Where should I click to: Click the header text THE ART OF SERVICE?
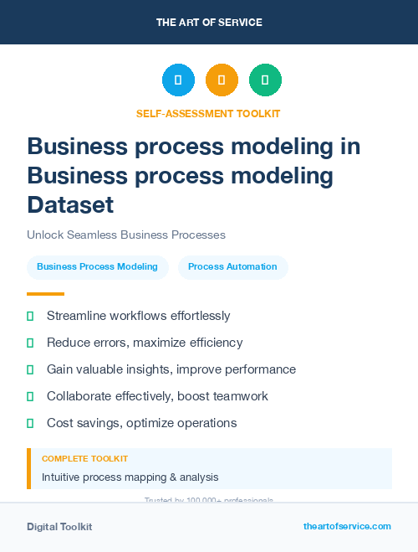(209, 23)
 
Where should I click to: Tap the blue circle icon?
(178, 80)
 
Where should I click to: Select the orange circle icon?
(222, 80)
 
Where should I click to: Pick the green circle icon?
(265, 80)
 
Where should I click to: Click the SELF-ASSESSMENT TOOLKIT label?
(208, 113)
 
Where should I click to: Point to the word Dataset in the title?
(70, 204)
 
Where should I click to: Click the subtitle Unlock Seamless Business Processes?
(126, 235)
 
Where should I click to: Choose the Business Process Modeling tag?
(97, 266)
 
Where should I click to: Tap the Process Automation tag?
(232, 266)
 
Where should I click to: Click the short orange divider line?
(45, 293)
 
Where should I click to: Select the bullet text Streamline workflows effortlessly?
(138, 316)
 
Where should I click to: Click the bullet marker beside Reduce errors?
(30, 343)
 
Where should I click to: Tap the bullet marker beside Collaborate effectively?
(30, 396)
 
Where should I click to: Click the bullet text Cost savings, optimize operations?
(141, 423)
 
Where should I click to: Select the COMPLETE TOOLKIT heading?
(84, 459)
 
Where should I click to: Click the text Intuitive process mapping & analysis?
(130, 477)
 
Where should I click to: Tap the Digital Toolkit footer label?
(59, 527)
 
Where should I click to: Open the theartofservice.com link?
(347, 526)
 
